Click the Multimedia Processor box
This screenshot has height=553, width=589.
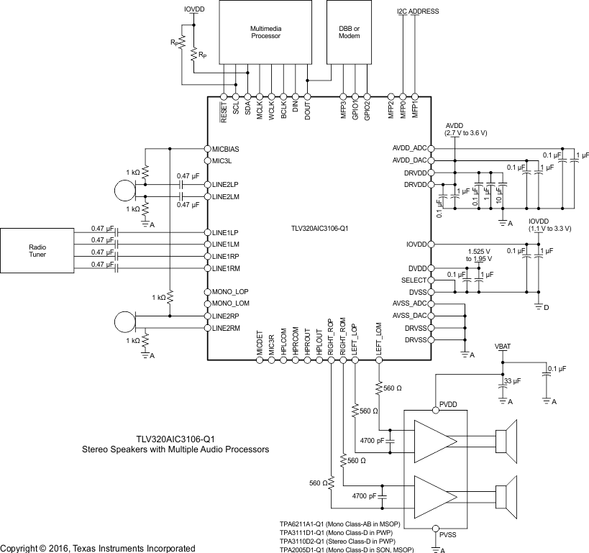tap(260, 32)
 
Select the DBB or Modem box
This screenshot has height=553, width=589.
tap(349, 32)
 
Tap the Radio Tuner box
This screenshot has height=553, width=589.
tap(37, 250)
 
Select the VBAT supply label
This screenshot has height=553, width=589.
tap(503, 347)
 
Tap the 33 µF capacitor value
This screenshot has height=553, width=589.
tap(513, 380)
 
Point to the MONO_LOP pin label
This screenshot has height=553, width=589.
tap(230, 292)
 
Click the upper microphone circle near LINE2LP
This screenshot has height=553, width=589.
tap(124, 190)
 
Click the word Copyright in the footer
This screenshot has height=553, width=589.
tap(19, 548)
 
